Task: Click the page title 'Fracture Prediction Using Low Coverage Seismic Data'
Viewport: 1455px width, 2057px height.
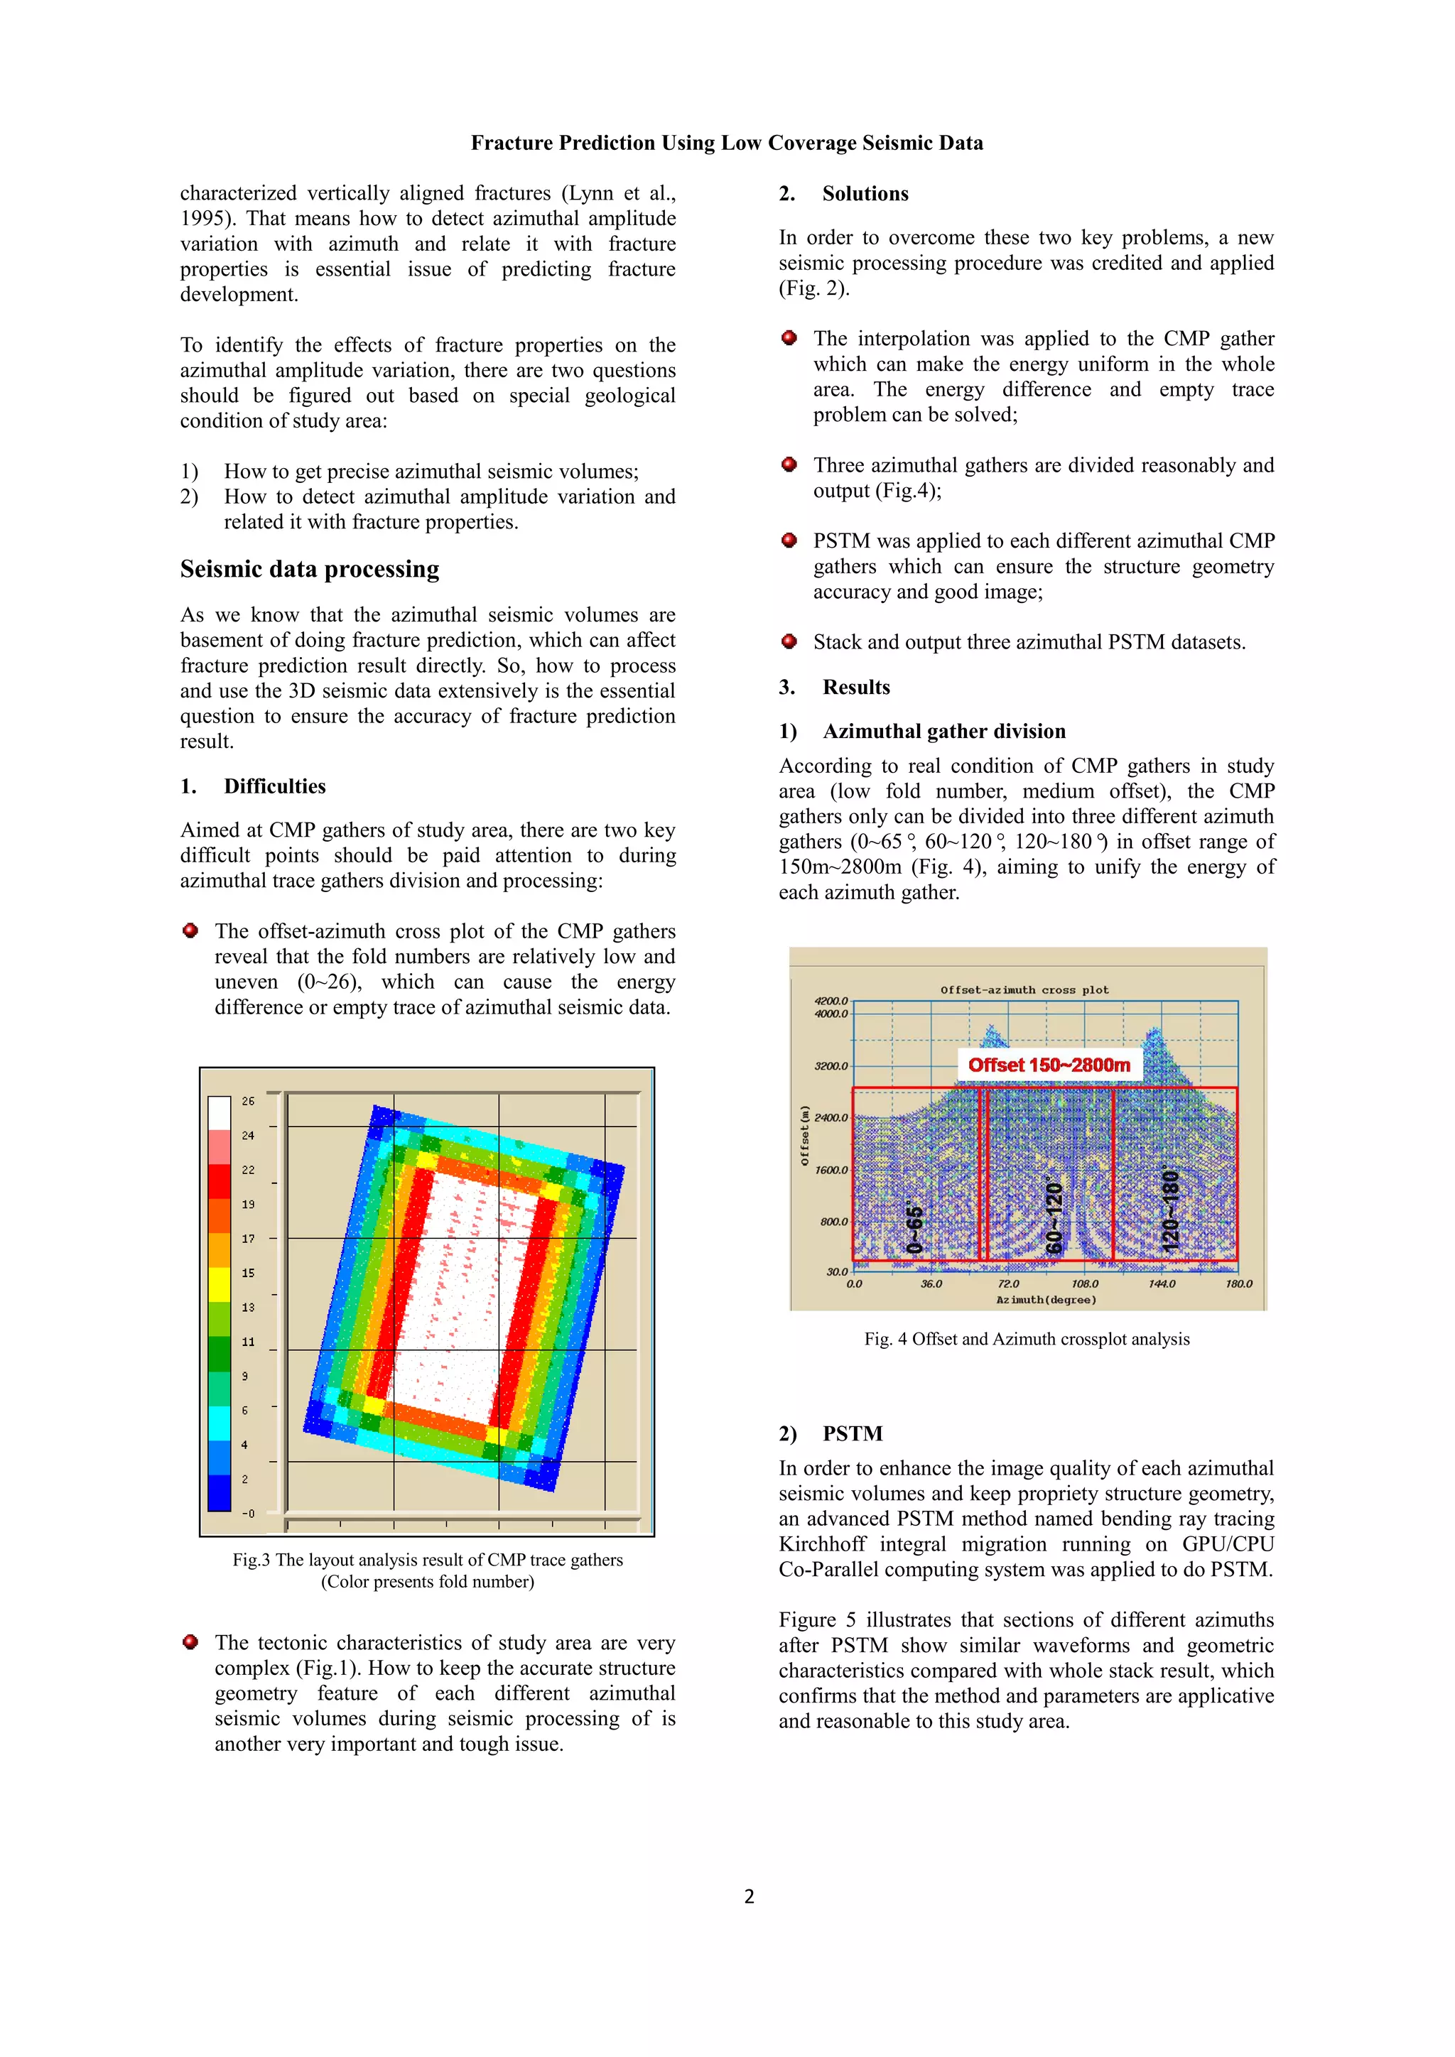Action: pos(727,143)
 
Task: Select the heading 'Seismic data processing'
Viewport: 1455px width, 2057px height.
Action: pos(309,570)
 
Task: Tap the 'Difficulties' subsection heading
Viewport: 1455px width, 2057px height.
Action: pos(274,786)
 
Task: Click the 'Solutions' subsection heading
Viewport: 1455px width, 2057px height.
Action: pos(865,195)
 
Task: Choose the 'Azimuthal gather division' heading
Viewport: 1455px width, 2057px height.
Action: pos(943,732)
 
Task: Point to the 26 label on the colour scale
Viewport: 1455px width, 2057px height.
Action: pos(248,1101)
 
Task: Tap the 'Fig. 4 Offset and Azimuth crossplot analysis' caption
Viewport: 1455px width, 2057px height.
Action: pos(1027,1340)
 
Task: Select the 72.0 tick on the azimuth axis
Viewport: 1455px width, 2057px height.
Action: pos(1008,1283)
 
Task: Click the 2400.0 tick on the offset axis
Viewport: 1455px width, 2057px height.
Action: pos(831,1118)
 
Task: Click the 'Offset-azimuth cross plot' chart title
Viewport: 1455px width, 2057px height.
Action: pos(1024,990)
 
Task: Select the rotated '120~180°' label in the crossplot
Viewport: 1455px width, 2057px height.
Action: pos(1170,1209)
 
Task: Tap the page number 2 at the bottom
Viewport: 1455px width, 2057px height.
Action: pos(749,1896)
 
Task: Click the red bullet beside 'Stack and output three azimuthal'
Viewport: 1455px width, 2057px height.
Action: pos(789,641)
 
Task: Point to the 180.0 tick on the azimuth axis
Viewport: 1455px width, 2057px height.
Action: pos(1238,1283)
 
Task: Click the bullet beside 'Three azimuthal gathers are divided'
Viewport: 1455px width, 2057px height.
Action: pos(789,464)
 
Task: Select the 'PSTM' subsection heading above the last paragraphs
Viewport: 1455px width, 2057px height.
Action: pos(852,1434)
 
